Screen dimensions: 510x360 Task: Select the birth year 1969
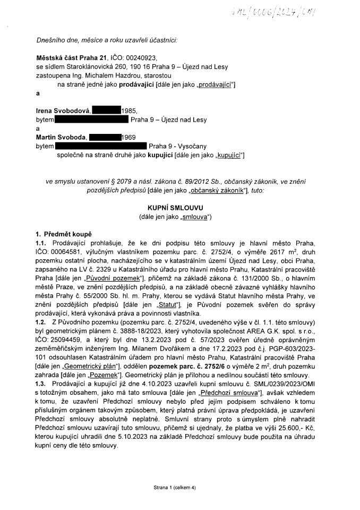pyautogui.click(x=130, y=137)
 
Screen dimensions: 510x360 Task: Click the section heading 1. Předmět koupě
pyautogui.click(x=64, y=234)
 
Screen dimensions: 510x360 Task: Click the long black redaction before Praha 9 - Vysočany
pyautogui.click(x=100, y=145)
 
